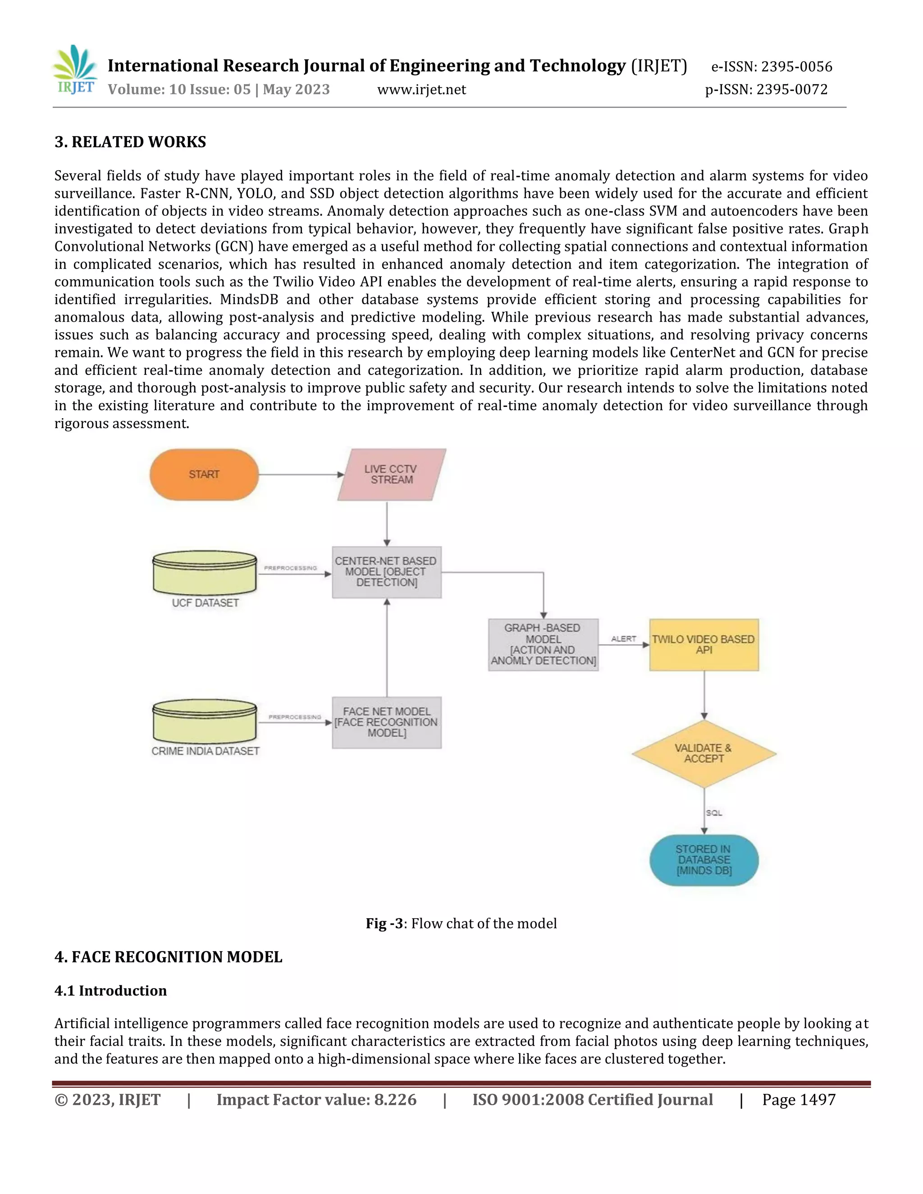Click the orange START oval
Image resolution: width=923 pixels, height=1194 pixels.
click(x=204, y=474)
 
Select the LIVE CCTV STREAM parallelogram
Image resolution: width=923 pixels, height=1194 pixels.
click(x=392, y=474)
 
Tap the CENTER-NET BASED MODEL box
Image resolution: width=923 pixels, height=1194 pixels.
click(x=387, y=572)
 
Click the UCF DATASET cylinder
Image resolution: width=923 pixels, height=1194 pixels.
click(x=205, y=574)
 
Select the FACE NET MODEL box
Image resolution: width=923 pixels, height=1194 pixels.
click(x=387, y=722)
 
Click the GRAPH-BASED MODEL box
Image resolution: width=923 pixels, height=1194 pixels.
click(x=543, y=645)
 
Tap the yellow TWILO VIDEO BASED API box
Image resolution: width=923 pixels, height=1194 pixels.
click(x=704, y=645)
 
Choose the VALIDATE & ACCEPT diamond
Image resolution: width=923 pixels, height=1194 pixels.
click(x=704, y=753)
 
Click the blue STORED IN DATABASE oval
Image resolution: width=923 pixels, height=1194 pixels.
click(x=704, y=860)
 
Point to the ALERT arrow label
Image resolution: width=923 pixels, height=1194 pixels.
click(x=623, y=638)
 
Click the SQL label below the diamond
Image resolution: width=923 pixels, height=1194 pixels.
click(x=713, y=813)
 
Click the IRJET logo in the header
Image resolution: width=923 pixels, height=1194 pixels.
click(x=75, y=70)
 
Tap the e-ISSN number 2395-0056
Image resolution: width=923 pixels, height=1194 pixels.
click(x=797, y=67)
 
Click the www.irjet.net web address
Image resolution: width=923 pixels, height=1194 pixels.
click(x=421, y=90)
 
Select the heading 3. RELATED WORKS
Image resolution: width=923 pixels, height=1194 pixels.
click(x=130, y=142)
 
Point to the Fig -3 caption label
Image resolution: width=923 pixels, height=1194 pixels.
click(x=384, y=923)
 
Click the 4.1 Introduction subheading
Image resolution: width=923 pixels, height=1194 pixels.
click(x=110, y=991)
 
